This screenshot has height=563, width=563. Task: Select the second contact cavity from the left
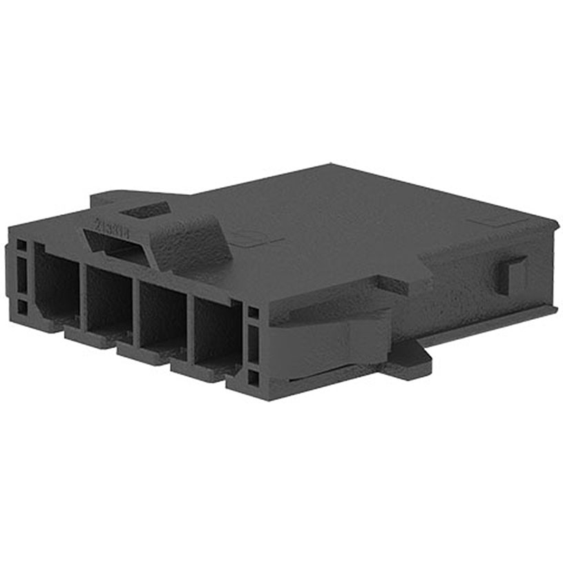[108, 300]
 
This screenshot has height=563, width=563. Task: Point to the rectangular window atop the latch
[146, 210]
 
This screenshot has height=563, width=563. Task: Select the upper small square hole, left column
[21, 245]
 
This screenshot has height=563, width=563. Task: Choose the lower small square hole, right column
[253, 377]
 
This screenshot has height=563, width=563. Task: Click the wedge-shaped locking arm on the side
[325, 338]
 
